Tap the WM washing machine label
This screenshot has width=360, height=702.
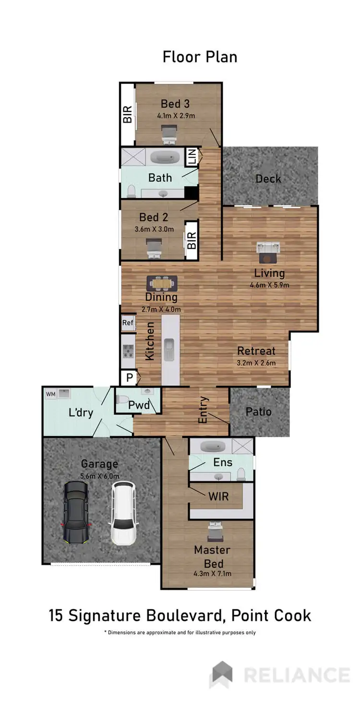(x=50, y=394)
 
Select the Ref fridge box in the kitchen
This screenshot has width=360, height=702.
(x=128, y=322)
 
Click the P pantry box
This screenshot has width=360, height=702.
(x=129, y=378)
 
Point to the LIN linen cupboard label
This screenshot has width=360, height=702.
(x=192, y=157)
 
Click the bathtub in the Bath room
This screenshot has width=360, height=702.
(x=165, y=157)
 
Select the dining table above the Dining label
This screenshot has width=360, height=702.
(x=162, y=283)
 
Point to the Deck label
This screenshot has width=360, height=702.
(x=268, y=179)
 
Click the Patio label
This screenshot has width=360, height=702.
(x=258, y=412)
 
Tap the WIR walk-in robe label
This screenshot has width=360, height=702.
(x=218, y=496)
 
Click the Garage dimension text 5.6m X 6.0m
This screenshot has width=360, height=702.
(x=99, y=476)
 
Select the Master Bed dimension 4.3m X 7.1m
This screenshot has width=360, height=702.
(x=212, y=572)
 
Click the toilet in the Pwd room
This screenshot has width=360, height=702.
(x=122, y=399)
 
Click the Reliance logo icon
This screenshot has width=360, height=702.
(x=222, y=674)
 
